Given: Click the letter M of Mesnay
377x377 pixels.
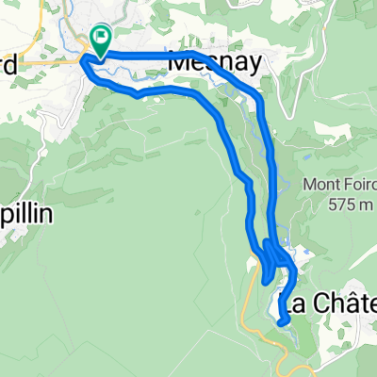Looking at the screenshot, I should [179, 62].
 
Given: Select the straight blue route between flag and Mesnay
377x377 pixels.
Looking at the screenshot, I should [141, 56].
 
